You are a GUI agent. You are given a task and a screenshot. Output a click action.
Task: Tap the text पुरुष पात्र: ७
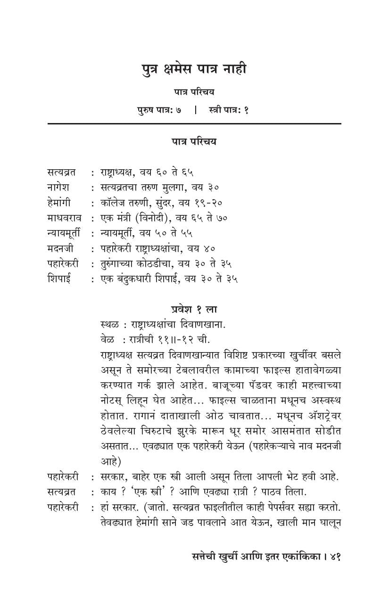(x=159, y=110)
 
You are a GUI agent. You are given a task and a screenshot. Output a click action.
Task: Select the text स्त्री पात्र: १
(x=228, y=110)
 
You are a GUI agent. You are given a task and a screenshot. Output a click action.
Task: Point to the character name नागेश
(x=59, y=187)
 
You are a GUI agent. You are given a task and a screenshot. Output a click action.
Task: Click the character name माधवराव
(x=64, y=218)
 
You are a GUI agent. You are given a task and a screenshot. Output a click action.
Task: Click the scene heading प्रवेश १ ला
(x=194, y=309)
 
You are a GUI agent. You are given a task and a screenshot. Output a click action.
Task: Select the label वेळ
(x=107, y=339)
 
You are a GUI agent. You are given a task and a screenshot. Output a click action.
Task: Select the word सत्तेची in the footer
(x=202, y=556)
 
